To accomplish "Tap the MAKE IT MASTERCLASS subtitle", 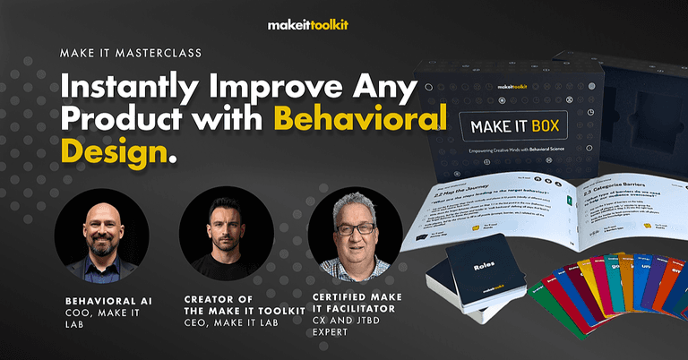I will (x=130, y=53).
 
